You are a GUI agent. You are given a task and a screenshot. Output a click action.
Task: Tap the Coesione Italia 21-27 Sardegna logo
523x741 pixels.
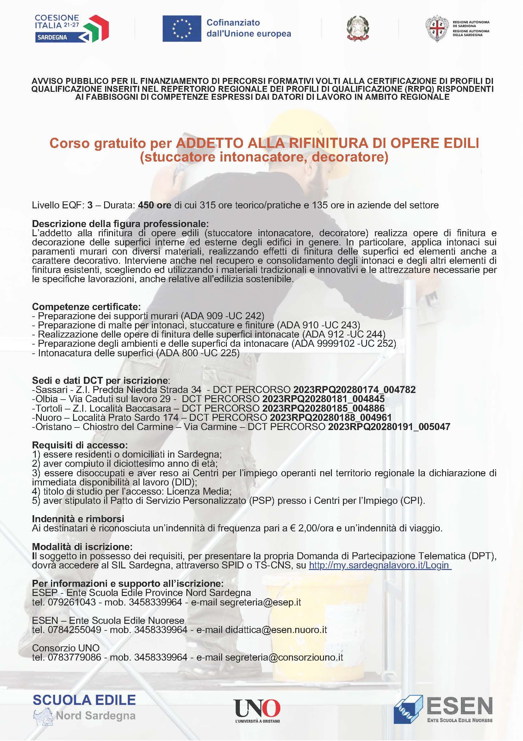tap(71, 28)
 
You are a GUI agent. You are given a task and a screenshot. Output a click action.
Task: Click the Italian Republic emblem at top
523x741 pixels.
tap(358, 28)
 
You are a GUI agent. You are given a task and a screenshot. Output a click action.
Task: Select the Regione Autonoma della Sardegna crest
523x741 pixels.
tap(437, 28)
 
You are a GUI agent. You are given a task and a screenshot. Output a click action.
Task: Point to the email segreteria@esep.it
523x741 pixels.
tap(260, 602)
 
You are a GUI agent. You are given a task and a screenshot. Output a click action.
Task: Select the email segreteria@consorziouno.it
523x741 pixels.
tap(284, 657)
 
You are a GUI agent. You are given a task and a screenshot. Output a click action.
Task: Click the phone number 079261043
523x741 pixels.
tap(72, 602)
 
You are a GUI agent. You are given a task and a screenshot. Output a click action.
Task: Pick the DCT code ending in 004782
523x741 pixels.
tap(354, 389)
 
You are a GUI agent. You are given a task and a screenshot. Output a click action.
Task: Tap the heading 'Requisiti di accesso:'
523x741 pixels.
tap(80, 445)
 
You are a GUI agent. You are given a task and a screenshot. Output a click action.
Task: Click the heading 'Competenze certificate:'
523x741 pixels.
tap(86, 306)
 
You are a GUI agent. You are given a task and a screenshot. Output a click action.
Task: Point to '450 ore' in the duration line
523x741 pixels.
tap(154, 205)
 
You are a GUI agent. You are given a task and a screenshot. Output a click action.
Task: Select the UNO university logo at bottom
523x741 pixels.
tap(257, 710)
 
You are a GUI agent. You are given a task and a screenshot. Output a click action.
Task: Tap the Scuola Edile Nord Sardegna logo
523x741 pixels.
tap(84, 708)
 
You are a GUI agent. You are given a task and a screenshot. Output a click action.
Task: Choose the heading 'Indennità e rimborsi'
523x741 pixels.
tap(78, 519)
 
